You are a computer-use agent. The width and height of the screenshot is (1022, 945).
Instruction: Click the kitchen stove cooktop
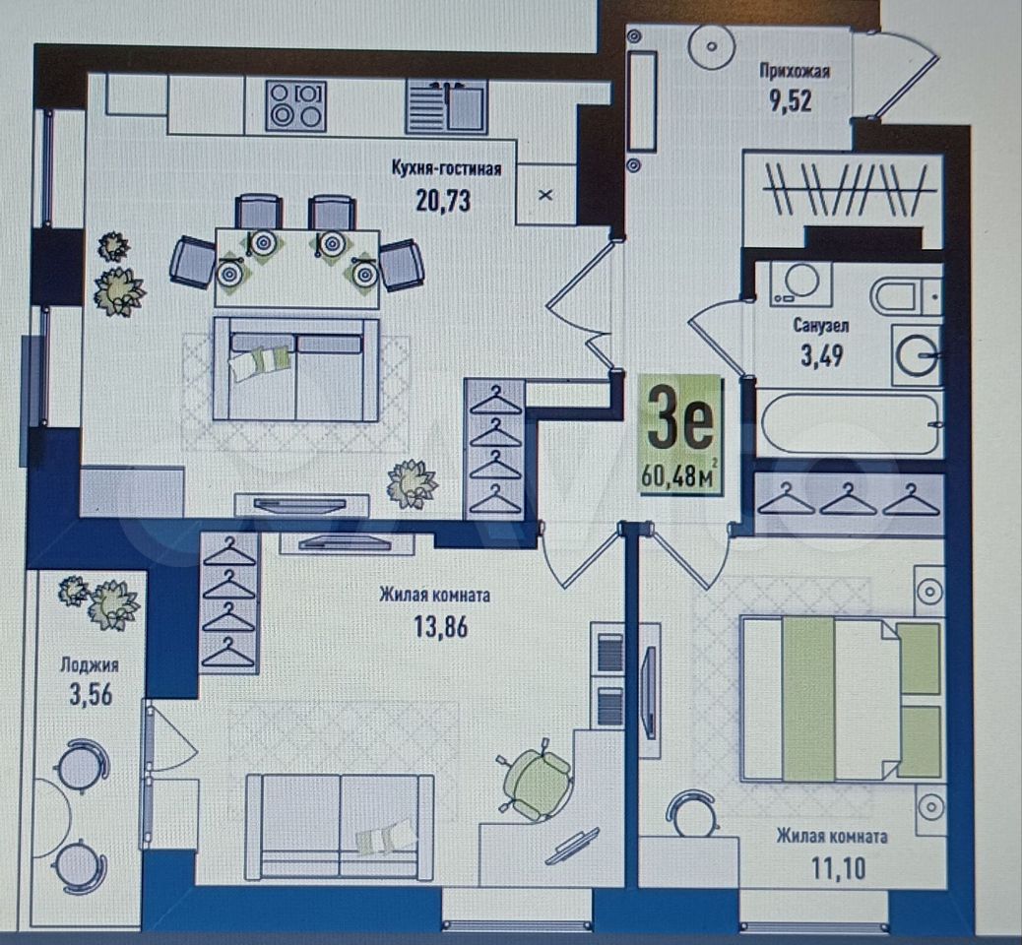(x=296, y=104)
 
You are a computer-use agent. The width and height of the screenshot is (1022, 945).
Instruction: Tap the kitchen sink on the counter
(x=447, y=106)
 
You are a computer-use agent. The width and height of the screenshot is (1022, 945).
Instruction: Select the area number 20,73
(x=443, y=201)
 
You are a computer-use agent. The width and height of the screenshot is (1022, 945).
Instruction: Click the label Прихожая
(x=795, y=71)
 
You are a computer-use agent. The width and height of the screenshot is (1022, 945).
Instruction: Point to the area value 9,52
(x=793, y=101)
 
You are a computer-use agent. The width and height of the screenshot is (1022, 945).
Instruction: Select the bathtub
(x=849, y=424)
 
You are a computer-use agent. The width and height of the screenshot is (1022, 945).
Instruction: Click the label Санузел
(x=820, y=325)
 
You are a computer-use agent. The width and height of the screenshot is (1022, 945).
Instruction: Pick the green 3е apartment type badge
(x=680, y=435)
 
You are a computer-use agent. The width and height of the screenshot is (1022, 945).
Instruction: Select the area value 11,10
(x=838, y=868)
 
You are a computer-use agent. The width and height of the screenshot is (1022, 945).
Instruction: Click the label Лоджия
(x=90, y=665)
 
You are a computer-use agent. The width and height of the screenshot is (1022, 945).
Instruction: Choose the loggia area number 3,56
(x=91, y=695)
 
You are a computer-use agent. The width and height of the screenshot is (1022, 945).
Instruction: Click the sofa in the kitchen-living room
(x=296, y=369)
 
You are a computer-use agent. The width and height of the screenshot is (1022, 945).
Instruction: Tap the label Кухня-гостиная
(x=446, y=168)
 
